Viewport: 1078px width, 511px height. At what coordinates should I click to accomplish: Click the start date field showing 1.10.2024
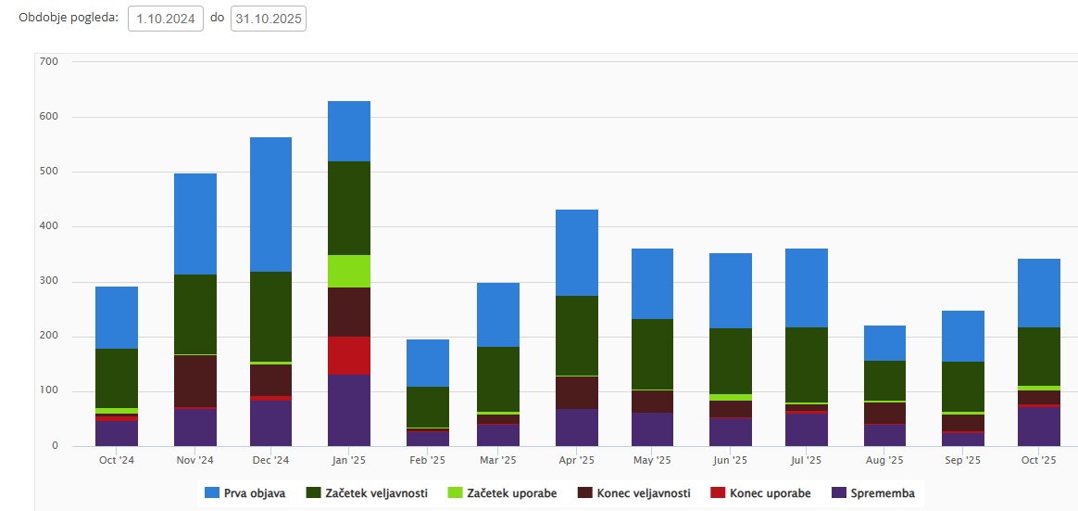click(166, 19)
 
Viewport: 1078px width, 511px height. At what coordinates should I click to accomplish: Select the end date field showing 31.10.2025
click(268, 19)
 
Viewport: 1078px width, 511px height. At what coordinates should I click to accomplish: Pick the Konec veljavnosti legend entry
click(634, 493)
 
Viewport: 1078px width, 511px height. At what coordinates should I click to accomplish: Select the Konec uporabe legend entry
click(761, 493)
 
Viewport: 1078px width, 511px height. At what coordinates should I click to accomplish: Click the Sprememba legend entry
click(874, 493)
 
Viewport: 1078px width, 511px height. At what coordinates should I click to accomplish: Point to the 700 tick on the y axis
click(48, 62)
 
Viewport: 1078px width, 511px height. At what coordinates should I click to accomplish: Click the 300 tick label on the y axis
click(48, 282)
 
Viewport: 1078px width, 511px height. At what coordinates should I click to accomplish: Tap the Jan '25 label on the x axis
click(348, 460)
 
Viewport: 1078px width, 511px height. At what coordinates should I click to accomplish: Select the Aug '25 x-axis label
click(884, 460)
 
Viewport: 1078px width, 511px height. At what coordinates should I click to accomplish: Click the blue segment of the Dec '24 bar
click(271, 204)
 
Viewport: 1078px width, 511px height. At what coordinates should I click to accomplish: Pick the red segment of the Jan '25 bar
click(348, 355)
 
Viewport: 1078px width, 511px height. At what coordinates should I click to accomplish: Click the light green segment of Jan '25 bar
click(348, 271)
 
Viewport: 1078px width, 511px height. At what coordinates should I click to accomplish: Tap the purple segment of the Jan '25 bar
click(348, 410)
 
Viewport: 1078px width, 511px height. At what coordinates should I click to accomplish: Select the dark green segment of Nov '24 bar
click(194, 314)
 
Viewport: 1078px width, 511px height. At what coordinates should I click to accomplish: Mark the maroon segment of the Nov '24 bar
click(194, 380)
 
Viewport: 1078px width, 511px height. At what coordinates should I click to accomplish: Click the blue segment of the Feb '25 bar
click(427, 363)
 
